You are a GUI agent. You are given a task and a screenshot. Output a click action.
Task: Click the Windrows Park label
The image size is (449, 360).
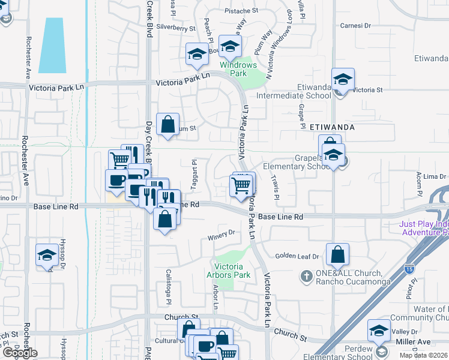(x=238, y=69)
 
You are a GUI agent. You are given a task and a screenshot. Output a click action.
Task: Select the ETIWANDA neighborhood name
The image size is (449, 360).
(x=333, y=127)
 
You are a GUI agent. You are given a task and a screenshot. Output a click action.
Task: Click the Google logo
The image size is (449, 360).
(x=20, y=353)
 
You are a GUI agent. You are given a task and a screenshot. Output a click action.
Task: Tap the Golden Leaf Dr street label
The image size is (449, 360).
(x=297, y=256)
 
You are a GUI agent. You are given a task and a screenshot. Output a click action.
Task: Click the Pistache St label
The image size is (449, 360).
(x=241, y=11)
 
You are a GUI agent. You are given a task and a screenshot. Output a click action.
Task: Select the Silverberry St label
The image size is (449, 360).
(x=176, y=28)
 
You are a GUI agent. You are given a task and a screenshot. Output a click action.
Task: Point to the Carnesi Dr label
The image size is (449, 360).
(x=356, y=26)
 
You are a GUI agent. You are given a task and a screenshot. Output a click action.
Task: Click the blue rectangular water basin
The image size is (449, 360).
(x=52, y=45)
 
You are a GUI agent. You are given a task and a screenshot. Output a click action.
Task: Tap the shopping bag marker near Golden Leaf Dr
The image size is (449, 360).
(x=338, y=254)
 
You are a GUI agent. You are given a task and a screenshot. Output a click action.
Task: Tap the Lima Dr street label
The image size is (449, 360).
(x=435, y=176)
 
